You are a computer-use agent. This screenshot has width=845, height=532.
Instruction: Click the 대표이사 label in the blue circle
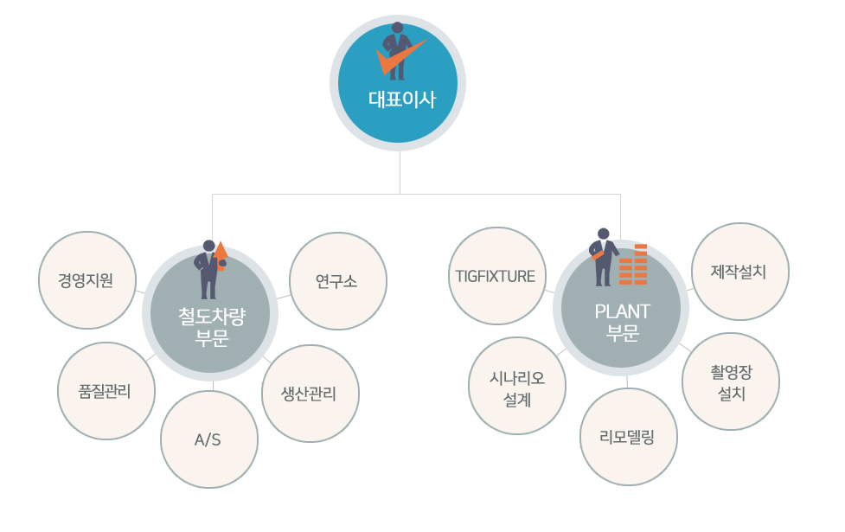[402, 99]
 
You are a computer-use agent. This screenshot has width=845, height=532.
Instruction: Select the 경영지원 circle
[87, 280]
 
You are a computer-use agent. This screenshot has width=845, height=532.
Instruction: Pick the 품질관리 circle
[106, 391]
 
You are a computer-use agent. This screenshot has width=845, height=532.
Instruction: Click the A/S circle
[209, 439]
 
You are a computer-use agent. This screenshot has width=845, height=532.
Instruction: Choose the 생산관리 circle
[310, 394]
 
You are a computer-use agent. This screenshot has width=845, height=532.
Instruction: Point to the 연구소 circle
[338, 281]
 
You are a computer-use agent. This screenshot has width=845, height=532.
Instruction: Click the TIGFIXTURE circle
[496, 276]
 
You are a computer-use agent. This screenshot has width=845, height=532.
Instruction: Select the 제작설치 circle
[739, 272]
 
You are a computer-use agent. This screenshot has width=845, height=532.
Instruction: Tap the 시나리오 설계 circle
[517, 386]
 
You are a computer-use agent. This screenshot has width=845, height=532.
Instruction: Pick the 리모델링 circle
[629, 437]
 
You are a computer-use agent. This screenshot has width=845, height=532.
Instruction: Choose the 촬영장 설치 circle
[730, 381]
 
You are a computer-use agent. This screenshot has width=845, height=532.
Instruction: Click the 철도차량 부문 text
[212, 327]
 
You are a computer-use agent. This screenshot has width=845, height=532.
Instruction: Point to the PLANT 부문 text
[623, 323]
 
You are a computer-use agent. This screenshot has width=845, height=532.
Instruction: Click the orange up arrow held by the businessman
[221, 255]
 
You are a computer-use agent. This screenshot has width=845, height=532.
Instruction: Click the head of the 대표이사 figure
[397, 28]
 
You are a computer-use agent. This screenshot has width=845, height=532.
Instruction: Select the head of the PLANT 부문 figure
[604, 234]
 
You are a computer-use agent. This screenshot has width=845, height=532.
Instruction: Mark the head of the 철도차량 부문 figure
[208, 246]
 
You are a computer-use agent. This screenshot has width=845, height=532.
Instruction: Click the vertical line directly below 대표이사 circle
[400, 172]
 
